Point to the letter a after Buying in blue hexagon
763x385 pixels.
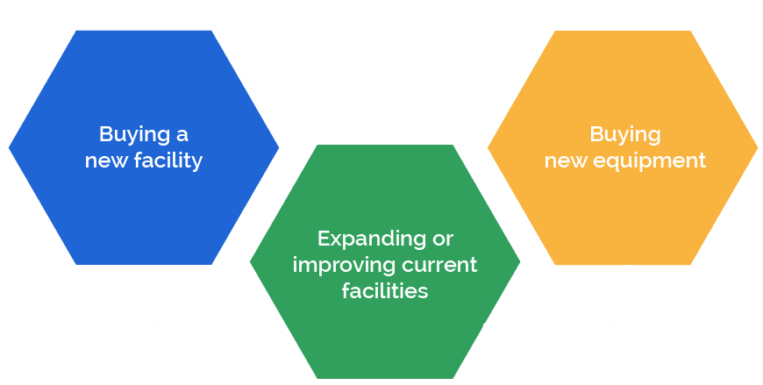tap(182, 135)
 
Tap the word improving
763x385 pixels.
tap(339, 265)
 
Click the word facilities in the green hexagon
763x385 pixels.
tap(385, 290)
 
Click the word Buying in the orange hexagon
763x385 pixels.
tap(624, 135)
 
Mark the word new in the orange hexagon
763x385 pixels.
tap(564, 162)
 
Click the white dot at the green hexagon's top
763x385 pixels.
tap(383, 139)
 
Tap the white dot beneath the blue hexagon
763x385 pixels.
tap(140, 269)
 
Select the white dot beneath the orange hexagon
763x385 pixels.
tap(627, 269)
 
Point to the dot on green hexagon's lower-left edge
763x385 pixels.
tap(280, 327)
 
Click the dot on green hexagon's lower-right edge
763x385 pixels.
tap(488, 327)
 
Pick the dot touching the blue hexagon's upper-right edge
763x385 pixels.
tap(248, 82)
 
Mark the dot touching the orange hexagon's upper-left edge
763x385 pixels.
tap(517, 82)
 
